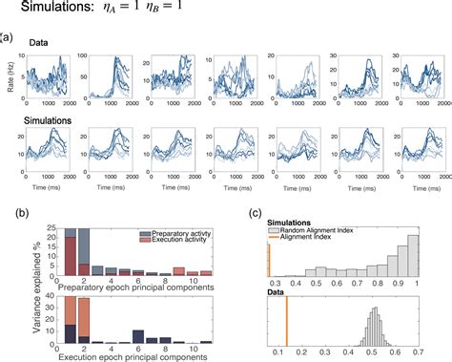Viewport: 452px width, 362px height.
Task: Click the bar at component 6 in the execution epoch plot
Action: coord(138,334)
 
